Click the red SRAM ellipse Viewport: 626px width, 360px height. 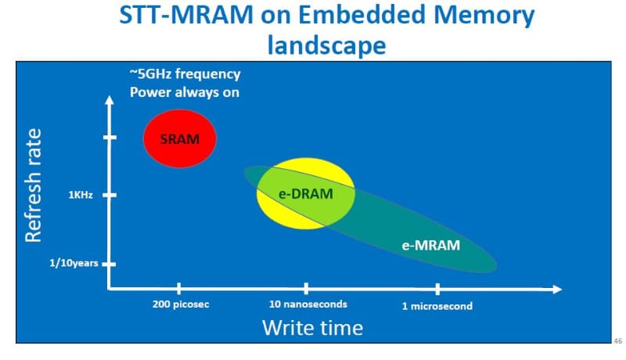tap(180, 139)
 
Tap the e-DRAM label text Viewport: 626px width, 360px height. tap(307, 193)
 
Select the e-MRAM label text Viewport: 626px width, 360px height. tap(430, 245)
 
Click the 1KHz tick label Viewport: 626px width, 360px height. tap(81, 195)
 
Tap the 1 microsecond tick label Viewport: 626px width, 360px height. tap(437, 306)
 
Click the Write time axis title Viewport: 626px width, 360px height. tap(312, 327)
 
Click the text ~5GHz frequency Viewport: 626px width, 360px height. tap(185, 74)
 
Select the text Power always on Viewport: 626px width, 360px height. tap(184, 92)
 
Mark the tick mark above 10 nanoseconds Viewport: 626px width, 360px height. tap(306, 289)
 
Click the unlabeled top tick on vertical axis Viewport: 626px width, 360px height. tap(110, 138)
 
